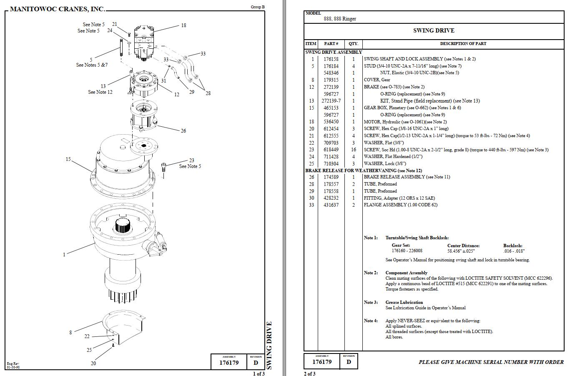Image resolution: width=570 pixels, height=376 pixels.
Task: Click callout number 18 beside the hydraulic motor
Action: (x=183, y=25)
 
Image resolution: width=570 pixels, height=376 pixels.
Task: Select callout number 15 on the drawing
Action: (x=68, y=159)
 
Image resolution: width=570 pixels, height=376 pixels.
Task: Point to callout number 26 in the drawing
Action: (x=183, y=131)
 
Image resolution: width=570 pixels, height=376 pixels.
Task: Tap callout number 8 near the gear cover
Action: (x=70, y=333)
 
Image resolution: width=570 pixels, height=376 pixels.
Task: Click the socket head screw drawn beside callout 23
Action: (x=163, y=169)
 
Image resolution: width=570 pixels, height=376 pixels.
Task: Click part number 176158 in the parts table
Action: (x=331, y=59)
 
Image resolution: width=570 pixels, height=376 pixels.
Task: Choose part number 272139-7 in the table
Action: (x=331, y=101)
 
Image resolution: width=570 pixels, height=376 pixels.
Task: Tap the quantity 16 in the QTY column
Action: (x=354, y=150)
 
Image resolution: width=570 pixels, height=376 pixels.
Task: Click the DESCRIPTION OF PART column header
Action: (x=463, y=44)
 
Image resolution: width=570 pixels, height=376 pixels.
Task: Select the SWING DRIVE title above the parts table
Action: (x=434, y=30)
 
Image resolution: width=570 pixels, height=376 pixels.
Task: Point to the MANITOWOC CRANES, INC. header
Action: (x=57, y=9)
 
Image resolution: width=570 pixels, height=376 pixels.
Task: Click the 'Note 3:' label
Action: (x=371, y=303)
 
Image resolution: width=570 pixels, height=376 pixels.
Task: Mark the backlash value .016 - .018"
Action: (x=514, y=251)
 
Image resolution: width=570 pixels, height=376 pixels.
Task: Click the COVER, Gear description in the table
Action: (x=377, y=80)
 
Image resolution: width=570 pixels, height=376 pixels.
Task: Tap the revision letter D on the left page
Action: (x=256, y=363)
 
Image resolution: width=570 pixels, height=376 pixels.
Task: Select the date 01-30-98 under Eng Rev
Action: (x=13, y=367)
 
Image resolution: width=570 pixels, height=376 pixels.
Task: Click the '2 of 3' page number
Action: (x=309, y=373)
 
